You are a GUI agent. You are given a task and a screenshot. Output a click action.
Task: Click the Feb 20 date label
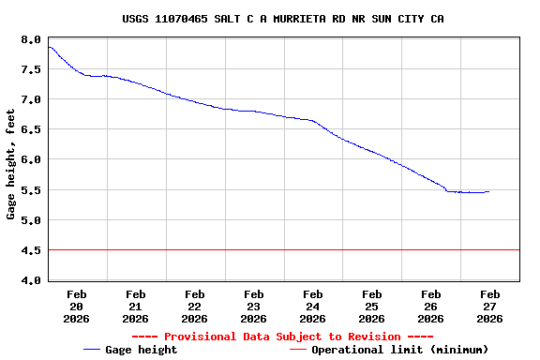point(77,307)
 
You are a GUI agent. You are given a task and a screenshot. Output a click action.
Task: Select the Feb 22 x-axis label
point(195,307)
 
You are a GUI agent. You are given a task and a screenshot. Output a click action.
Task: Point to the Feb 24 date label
point(313,307)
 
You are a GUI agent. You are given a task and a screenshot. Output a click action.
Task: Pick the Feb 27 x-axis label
point(489,307)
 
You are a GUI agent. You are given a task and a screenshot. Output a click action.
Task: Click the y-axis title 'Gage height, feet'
point(11,165)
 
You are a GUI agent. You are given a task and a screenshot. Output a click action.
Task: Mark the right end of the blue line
point(488,191)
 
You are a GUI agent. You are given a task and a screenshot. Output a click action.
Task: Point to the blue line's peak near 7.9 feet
point(50,47)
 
